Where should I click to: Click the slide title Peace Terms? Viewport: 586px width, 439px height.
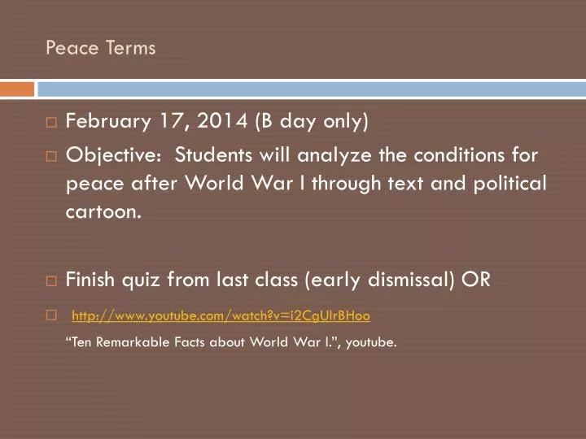coord(100,48)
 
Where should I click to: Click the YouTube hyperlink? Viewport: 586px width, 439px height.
coord(221,314)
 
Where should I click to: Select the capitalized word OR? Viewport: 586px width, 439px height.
coord(476,280)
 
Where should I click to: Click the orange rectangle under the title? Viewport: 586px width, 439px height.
coord(17,88)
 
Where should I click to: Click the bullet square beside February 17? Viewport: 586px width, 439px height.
coord(51,124)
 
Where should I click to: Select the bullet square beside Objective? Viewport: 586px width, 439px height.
coord(51,155)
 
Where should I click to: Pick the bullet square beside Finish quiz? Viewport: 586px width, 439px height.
coord(51,281)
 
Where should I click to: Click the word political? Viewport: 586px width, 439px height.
coord(505,183)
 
